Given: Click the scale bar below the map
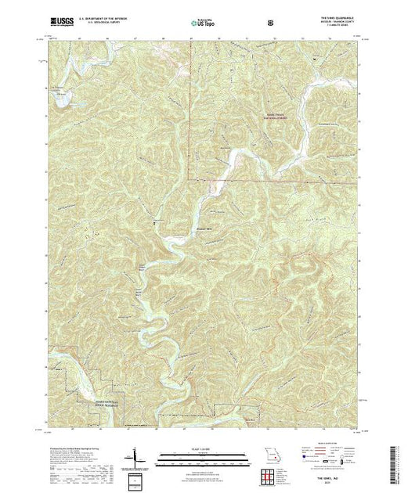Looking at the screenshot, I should pos(202,455).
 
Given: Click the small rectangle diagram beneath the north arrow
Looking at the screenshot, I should pos(139,479).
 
